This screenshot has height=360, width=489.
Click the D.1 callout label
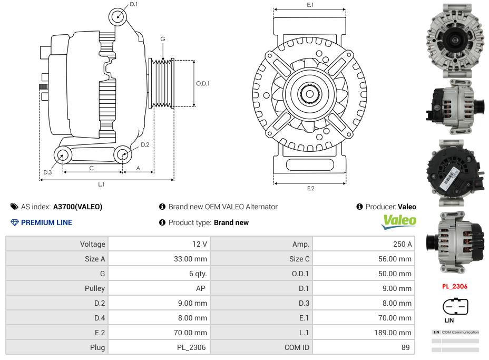coord(133,4)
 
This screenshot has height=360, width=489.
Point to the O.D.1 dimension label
coord(203,83)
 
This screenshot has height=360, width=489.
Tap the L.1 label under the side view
coord(101,184)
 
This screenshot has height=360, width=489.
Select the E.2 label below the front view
coord(310,188)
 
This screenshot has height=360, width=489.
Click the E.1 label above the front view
coord(310,5)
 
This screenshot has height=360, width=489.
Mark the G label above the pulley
coord(163,39)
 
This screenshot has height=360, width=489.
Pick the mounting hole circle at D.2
coord(123,154)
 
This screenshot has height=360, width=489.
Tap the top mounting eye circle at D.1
coord(118,17)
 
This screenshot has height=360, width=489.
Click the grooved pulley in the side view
coord(162,83)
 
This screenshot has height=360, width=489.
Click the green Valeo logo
coord(399,221)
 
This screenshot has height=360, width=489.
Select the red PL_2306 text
coord(454,287)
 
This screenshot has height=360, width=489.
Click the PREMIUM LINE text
coord(46,222)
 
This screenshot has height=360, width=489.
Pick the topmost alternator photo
coord(455,41)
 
